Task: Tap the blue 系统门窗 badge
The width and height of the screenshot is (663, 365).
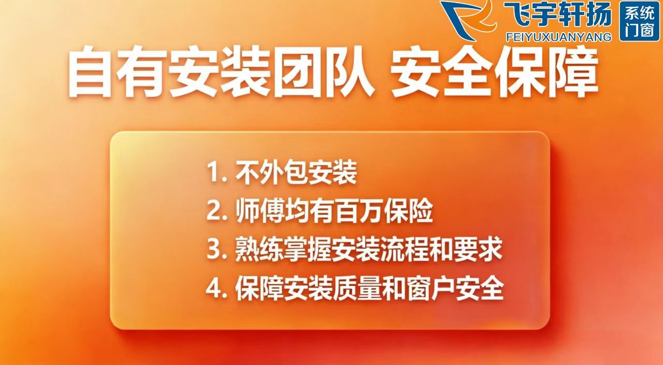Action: (639, 21)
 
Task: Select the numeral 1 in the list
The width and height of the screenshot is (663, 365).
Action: (214, 173)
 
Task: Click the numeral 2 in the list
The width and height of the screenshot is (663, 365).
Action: (214, 211)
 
